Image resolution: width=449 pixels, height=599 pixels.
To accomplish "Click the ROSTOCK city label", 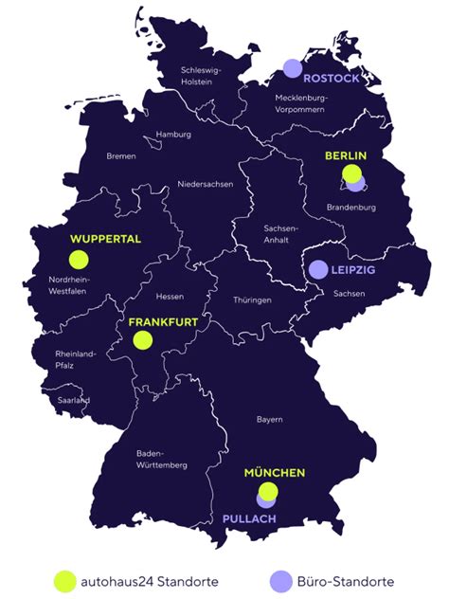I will [332, 79].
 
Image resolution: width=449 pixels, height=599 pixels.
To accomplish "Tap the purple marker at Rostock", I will [293, 68].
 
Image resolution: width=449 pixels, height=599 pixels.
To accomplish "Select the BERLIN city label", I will [346, 155].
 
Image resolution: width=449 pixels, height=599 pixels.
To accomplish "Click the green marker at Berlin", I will [351, 174].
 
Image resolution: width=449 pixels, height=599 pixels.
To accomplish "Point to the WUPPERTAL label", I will [105, 239].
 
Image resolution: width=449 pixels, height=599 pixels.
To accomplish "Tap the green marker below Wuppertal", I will [78, 259].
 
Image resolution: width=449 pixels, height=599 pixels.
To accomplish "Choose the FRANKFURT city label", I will [163, 322].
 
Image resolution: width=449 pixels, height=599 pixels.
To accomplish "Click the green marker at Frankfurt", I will [143, 339].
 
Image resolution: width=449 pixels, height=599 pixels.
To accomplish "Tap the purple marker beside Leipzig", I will [318, 270].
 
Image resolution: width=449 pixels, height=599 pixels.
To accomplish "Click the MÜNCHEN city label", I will [275, 472].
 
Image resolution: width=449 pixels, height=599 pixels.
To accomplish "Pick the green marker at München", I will [269, 490].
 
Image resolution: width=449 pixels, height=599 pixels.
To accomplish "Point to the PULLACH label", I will [249, 519].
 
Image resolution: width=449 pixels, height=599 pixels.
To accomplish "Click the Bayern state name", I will [269, 418].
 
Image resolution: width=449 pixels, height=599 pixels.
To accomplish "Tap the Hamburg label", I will [174, 135].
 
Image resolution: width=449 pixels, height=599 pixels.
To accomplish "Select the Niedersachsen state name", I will [205, 184].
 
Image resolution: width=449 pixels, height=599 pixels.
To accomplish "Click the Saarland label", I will [72, 400].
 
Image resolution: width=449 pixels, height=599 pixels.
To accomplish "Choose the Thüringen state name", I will [252, 299].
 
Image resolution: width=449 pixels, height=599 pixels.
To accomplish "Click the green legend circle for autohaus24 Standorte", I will [64, 580].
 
